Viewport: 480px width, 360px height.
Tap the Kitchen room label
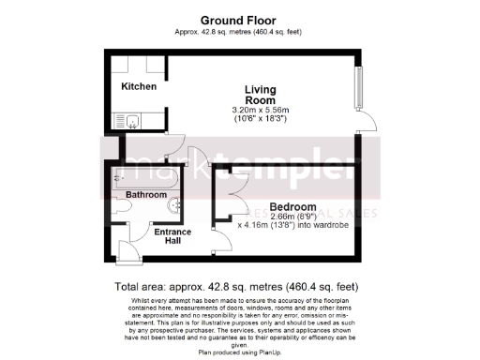point(138,86)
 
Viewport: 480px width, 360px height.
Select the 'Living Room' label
point(259,95)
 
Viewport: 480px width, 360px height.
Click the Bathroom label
point(147,194)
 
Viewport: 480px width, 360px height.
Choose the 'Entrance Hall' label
point(172,236)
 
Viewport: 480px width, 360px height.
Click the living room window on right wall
point(357,88)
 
